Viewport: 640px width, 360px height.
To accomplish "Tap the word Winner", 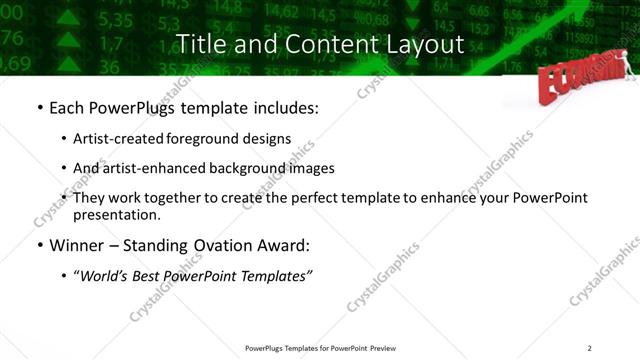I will click(78, 244).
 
